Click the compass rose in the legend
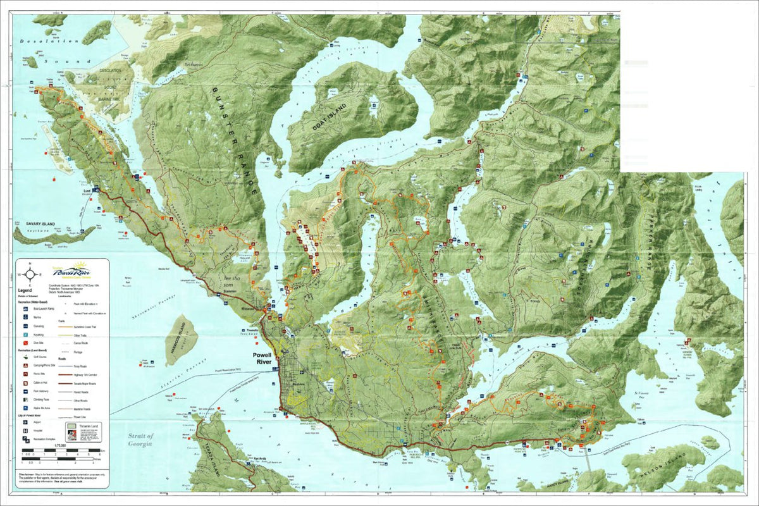click(28, 274)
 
